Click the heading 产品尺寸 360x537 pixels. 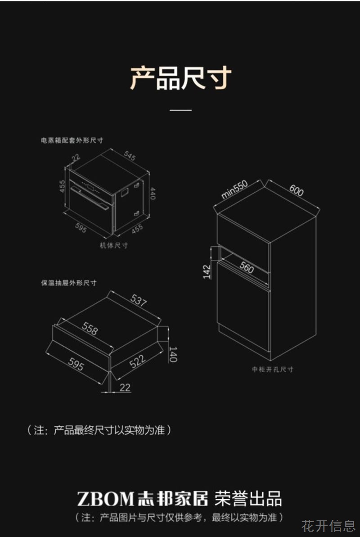(180, 78)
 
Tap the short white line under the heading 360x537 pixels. (180, 110)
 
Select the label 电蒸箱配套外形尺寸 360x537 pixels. (72, 140)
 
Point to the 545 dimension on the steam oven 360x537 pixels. (130, 155)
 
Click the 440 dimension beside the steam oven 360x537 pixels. (153, 194)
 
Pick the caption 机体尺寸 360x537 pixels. (114, 245)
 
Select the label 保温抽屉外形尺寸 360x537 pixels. (69, 283)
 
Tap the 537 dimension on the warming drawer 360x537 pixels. (139, 300)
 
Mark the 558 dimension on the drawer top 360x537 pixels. (90, 328)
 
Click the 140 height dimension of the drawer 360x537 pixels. (173, 354)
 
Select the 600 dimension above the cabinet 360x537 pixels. (296, 190)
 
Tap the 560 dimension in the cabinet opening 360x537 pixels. (247, 267)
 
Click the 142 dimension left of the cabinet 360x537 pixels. (207, 271)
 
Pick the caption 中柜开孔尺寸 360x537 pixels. (273, 370)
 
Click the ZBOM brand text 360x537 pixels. (105, 499)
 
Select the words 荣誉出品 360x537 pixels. (248, 499)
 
